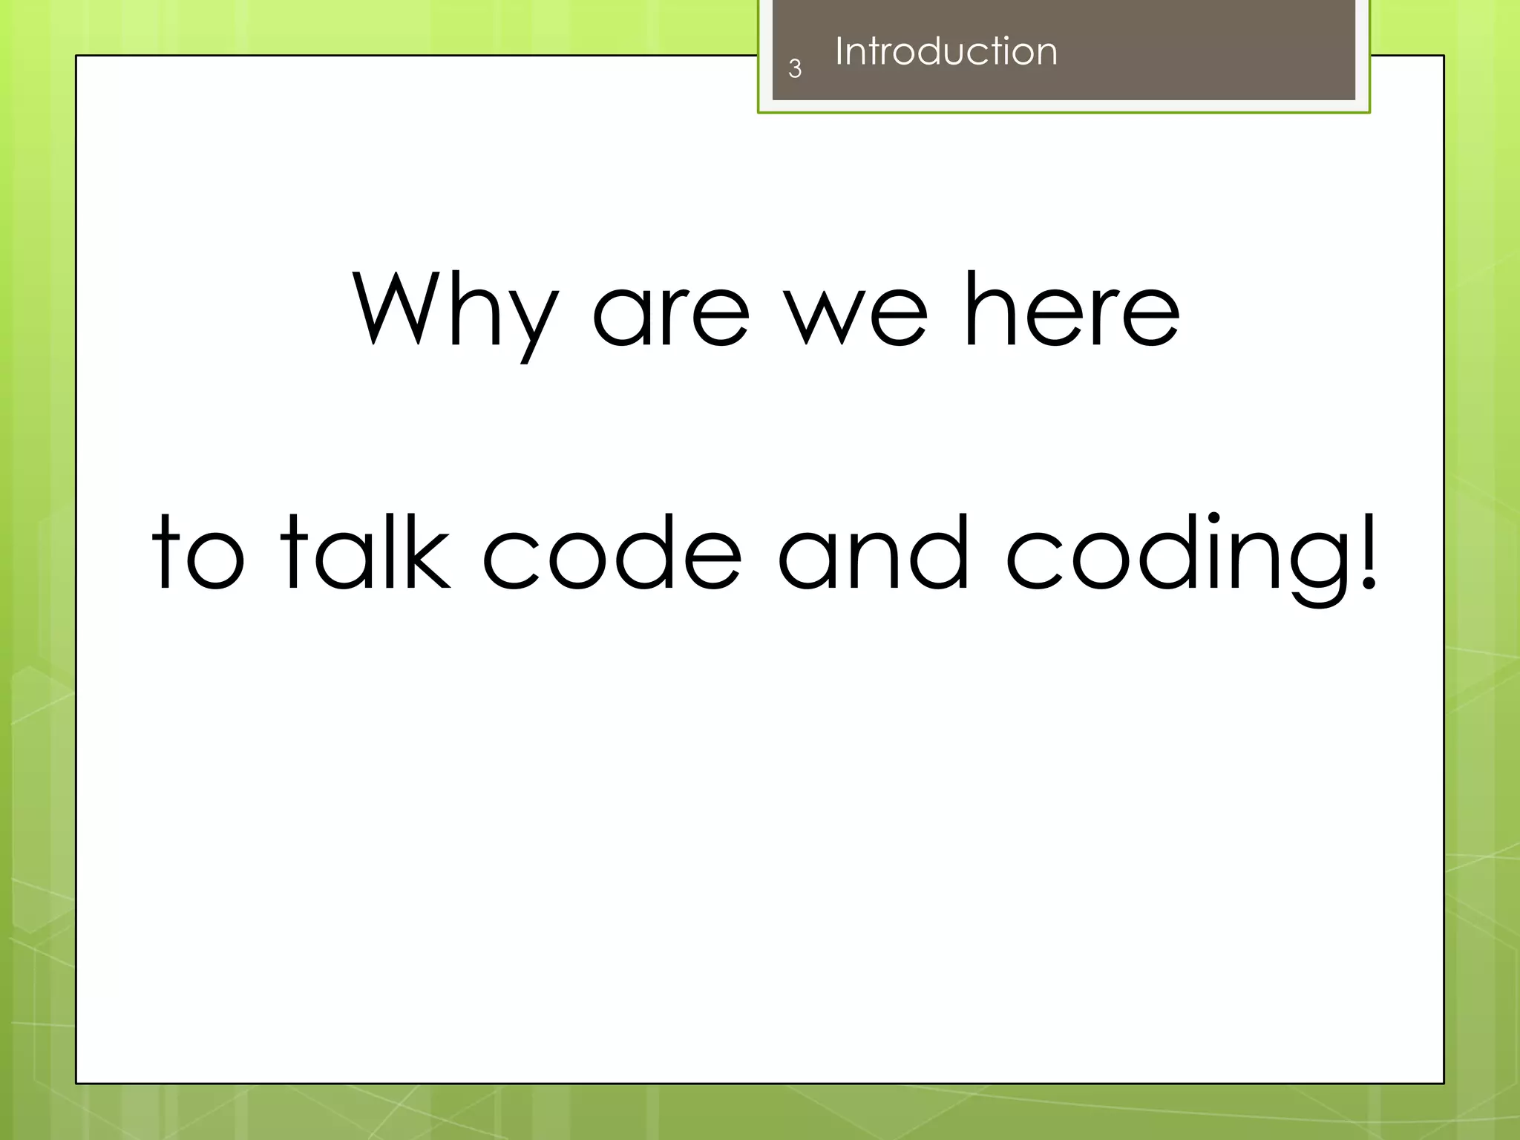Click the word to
[x=197, y=553]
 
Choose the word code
[x=612, y=553]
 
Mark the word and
[x=873, y=553]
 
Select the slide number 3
[x=795, y=69]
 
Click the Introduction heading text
[x=946, y=51]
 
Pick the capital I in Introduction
[x=839, y=51]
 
